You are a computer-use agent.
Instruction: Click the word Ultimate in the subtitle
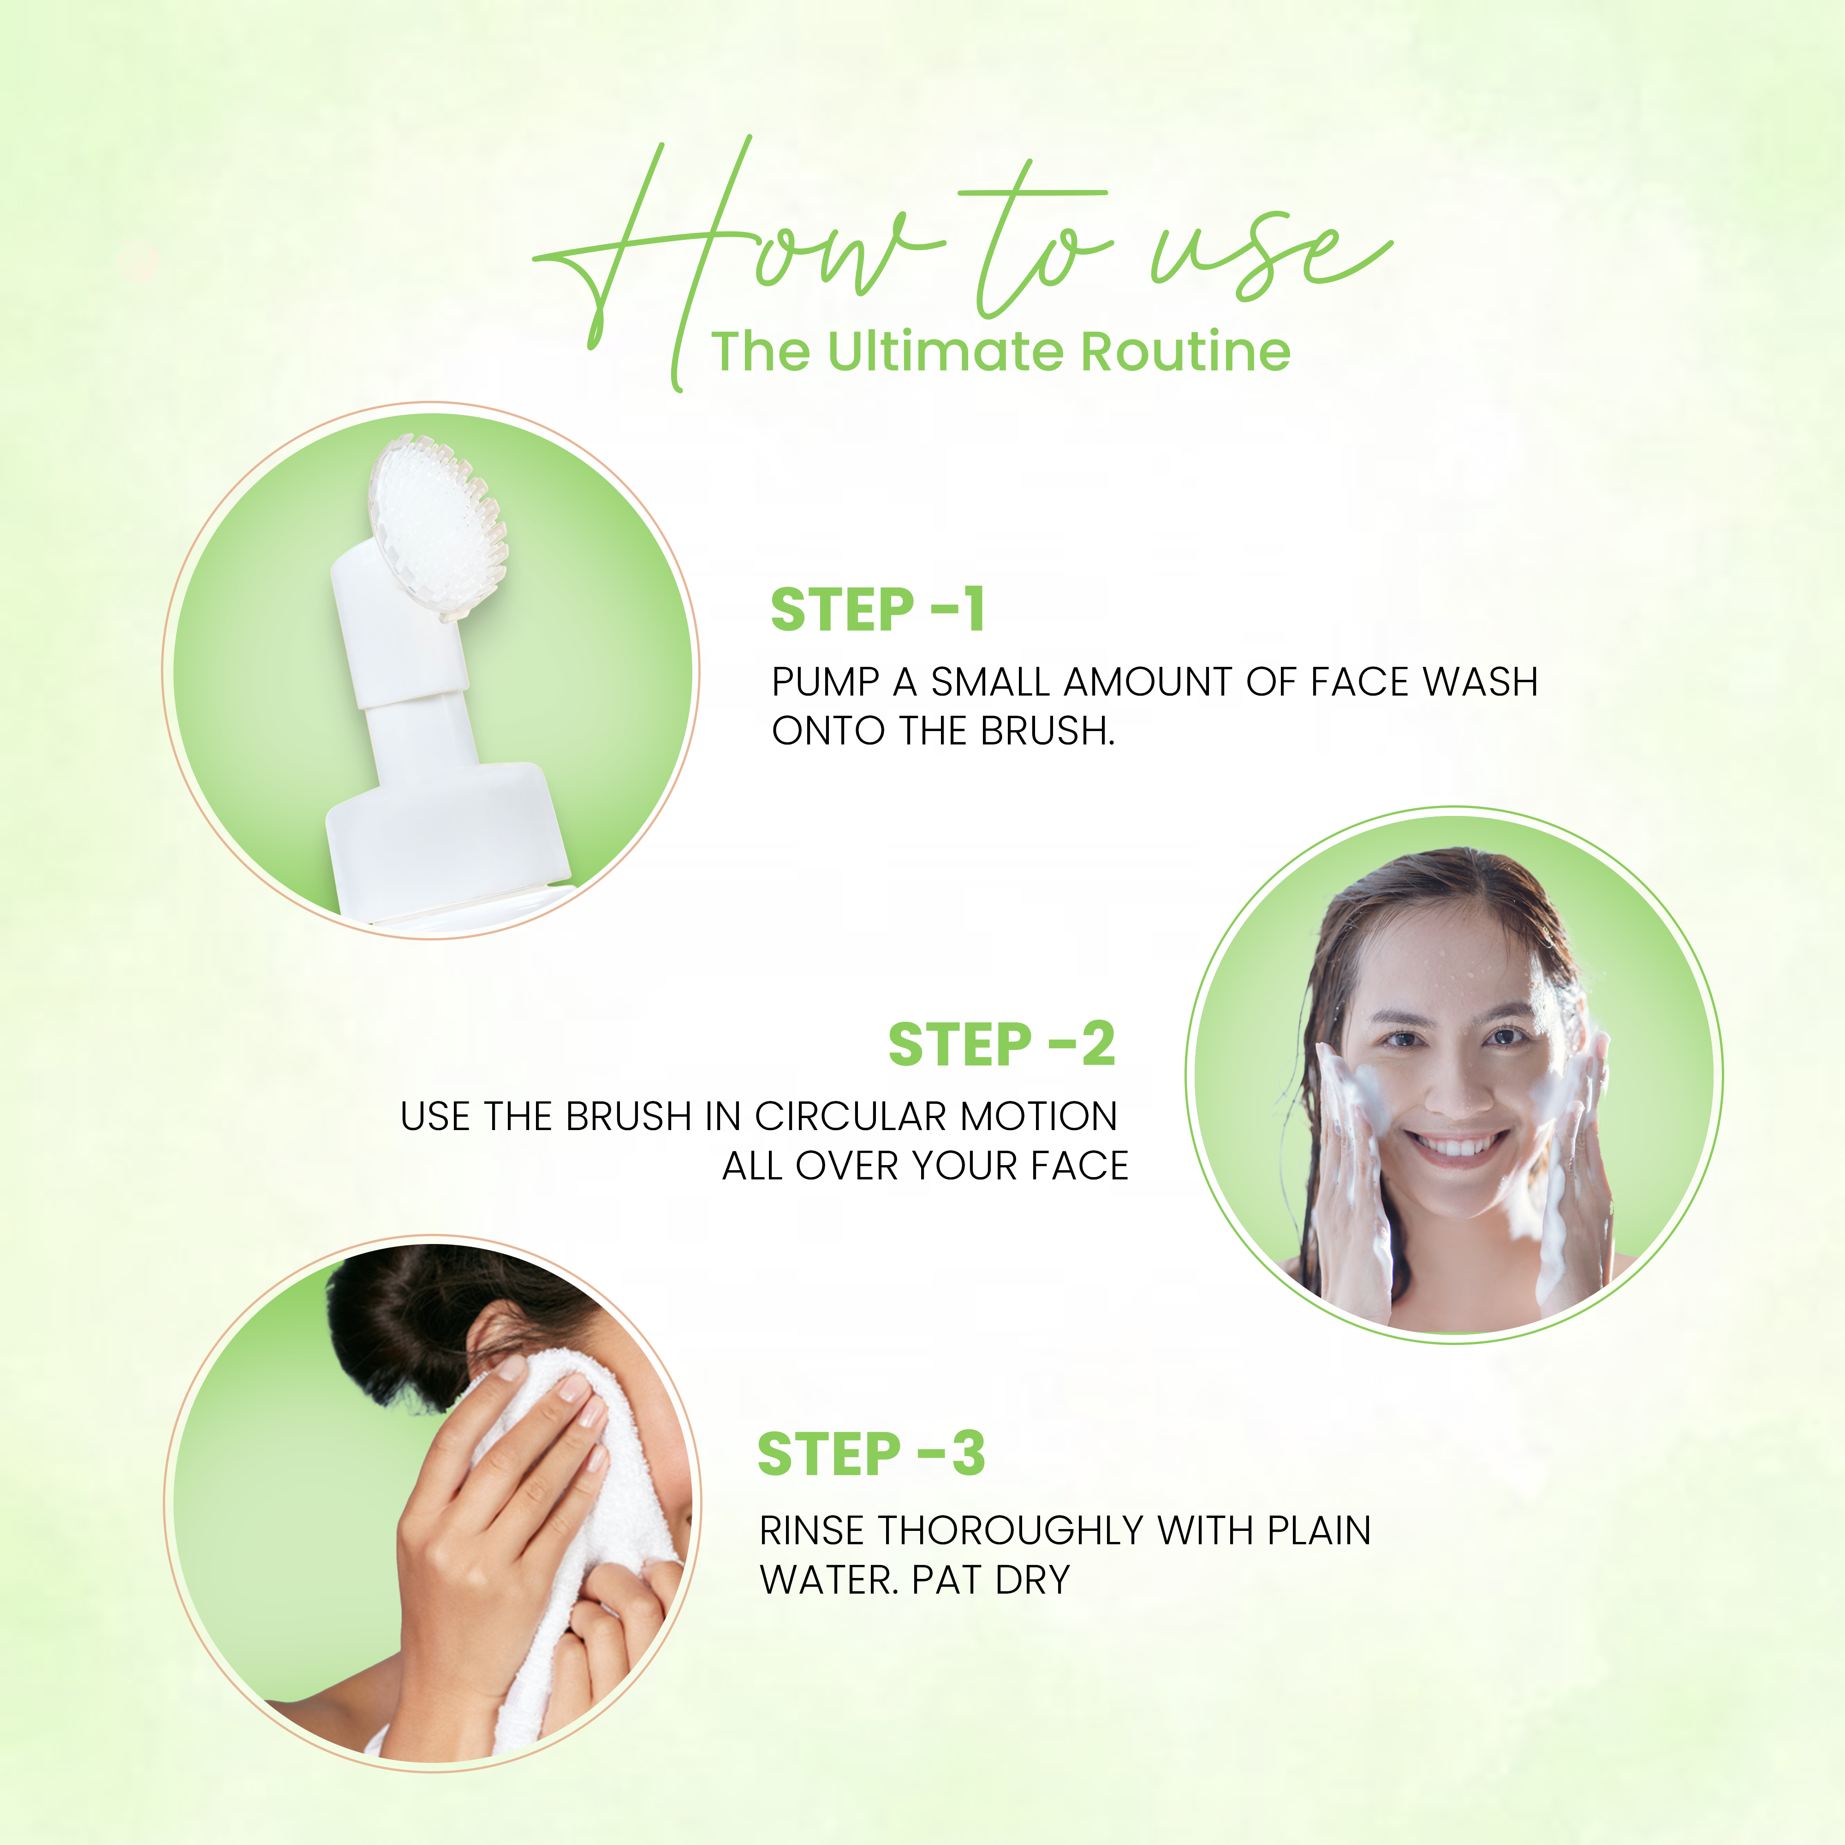[x=946, y=351]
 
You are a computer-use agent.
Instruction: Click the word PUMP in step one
[x=825, y=682]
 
